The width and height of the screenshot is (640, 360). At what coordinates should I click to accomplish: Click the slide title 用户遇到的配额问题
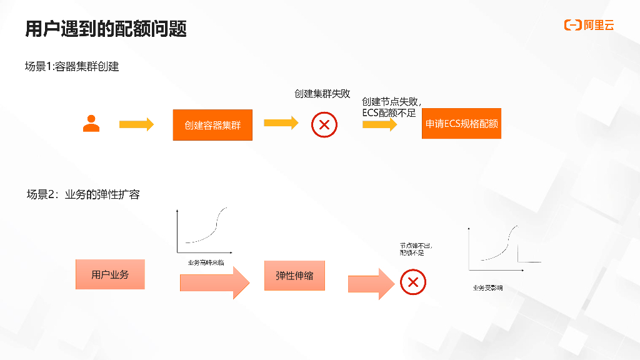106,29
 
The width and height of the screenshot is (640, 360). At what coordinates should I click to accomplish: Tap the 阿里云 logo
589,25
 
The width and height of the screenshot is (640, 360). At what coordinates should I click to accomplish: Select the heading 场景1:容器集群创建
72,66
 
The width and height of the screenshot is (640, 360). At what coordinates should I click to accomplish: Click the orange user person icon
91,124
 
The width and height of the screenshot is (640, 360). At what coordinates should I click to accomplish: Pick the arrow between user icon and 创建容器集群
136,124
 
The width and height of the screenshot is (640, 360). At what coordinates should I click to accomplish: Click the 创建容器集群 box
212,124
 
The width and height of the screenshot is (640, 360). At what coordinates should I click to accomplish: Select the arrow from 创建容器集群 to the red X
281,122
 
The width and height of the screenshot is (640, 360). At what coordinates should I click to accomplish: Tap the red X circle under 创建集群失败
324,124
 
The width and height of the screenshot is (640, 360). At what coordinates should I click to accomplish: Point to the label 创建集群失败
322,94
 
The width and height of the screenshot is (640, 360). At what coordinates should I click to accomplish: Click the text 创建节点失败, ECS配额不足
391,107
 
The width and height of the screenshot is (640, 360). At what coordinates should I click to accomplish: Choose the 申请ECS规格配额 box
461,124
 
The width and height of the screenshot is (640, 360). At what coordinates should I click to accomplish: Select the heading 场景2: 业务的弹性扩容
83,194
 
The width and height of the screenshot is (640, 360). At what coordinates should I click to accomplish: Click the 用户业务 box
110,274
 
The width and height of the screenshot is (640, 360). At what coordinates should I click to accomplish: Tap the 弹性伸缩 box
294,275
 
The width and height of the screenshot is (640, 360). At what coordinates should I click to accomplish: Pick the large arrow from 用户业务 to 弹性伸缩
214,282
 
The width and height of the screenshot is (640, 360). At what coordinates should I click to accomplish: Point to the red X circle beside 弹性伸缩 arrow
412,282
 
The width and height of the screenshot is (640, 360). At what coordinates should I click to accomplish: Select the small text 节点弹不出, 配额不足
416,249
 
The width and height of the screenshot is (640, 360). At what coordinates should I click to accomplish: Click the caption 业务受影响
488,287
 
